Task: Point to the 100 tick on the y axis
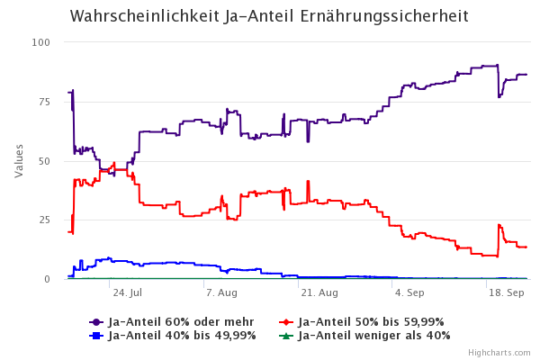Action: click(x=41, y=43)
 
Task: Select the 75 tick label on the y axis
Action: click(x=44, y=103)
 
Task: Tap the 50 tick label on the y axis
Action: click(x=44, y=161)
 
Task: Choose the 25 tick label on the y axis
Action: click(x=44, y=220)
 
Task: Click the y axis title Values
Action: click(x=19, y=161)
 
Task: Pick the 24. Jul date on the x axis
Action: click(x=127, y=293)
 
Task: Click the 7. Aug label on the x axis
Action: click(x=221, y=293)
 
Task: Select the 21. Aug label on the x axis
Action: click(x=319, y=293)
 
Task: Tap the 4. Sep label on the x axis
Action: click(x=409, y=293)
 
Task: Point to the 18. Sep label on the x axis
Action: click(x=506, y=293)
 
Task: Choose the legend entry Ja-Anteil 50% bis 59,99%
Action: click(x=370, y=322)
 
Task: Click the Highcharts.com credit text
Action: click(x=505, y=354)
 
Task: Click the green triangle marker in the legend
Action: click(x=285, y=336)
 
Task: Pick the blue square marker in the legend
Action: click(x=95, y=336)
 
